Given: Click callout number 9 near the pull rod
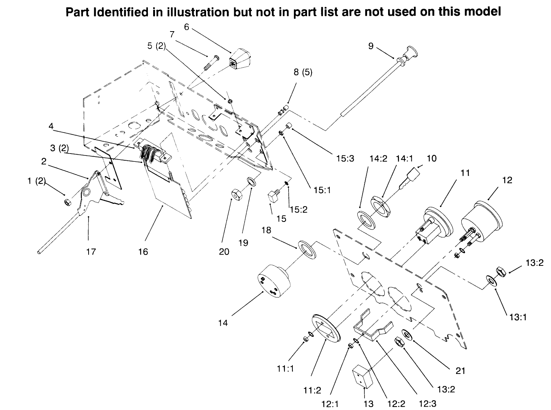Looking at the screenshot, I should click(371, 46).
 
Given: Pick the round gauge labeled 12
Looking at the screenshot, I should click(482, 218).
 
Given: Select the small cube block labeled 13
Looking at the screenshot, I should click(361, 377).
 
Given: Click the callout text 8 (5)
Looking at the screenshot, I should click(303, 72).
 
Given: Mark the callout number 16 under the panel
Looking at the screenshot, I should click(143, 252).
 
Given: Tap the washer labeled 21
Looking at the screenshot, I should click(407, 334).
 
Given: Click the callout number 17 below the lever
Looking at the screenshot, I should click(91, 252).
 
